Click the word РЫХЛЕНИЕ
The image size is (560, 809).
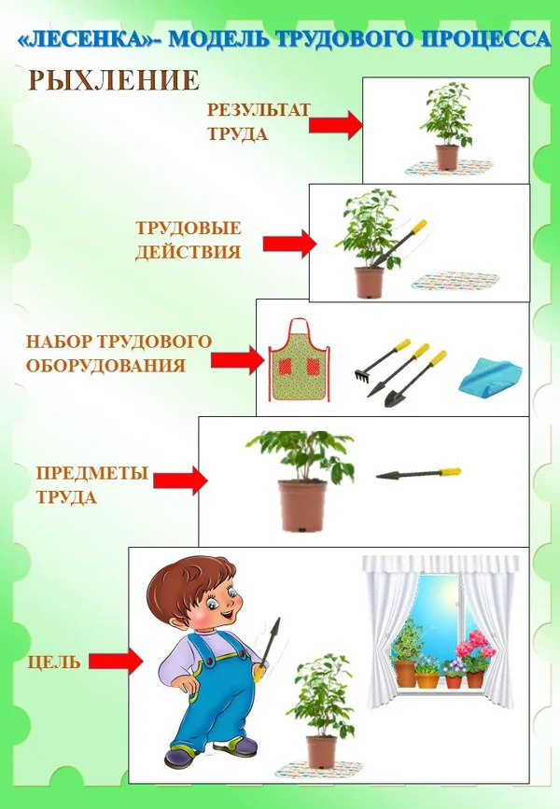[114, 80]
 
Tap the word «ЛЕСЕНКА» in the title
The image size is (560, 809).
[90, 39]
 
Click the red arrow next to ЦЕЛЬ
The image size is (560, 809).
[116, 661]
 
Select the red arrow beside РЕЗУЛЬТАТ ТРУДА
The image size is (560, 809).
[336, 125]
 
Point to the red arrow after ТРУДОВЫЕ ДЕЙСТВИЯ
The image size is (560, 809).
[289, 244]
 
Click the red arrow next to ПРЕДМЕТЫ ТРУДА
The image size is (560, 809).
[181, 481]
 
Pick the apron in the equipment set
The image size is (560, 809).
[299, 359]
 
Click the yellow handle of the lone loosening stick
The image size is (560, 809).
[450, 471]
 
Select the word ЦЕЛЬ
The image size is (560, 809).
[54, 662]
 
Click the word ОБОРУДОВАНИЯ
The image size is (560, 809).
[105, 366]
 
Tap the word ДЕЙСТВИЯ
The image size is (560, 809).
[188, 252]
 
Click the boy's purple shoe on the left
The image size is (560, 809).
[183, 757]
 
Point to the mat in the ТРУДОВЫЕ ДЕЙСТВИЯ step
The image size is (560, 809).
[455, 281]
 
